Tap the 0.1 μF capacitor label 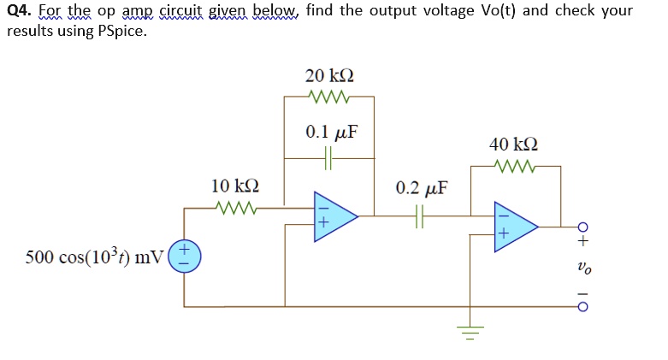click(x=330, y=133)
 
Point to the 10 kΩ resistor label click(x=235, y=186)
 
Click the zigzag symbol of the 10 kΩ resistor click(x=236, y=207)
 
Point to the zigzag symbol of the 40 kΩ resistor click(x=514, y=166)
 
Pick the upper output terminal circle click(x=582, y=227)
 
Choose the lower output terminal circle click(x=582, y=306)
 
